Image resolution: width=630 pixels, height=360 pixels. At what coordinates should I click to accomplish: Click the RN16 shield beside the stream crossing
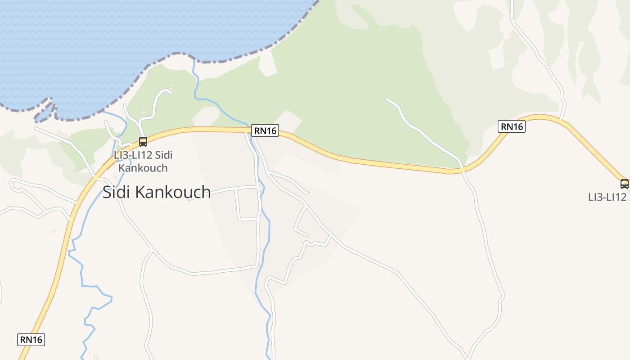point(265,130)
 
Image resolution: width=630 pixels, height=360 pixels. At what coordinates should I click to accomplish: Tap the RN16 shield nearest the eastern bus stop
point(512,126)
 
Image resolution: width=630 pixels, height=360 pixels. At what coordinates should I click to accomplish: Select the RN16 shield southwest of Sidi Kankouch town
point(31,339)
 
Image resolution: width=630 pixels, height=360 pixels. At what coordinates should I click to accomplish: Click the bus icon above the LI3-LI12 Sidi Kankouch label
point(143,142)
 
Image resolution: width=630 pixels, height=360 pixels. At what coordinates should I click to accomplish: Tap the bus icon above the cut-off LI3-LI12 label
point(624,184)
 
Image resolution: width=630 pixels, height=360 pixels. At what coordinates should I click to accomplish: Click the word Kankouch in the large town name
point(173,192)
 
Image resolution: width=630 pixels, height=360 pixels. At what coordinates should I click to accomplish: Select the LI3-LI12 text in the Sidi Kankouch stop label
point(133,155)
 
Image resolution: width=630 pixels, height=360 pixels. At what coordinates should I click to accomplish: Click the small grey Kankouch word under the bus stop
point(143,168)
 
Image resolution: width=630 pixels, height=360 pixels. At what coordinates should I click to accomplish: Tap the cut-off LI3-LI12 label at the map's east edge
point(607,197)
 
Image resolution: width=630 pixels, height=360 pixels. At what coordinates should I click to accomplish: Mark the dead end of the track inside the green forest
point(387,99)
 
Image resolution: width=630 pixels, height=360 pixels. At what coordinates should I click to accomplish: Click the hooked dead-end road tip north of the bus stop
point(171,93)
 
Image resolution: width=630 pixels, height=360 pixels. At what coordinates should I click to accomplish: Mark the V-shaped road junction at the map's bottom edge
point(468,358)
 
